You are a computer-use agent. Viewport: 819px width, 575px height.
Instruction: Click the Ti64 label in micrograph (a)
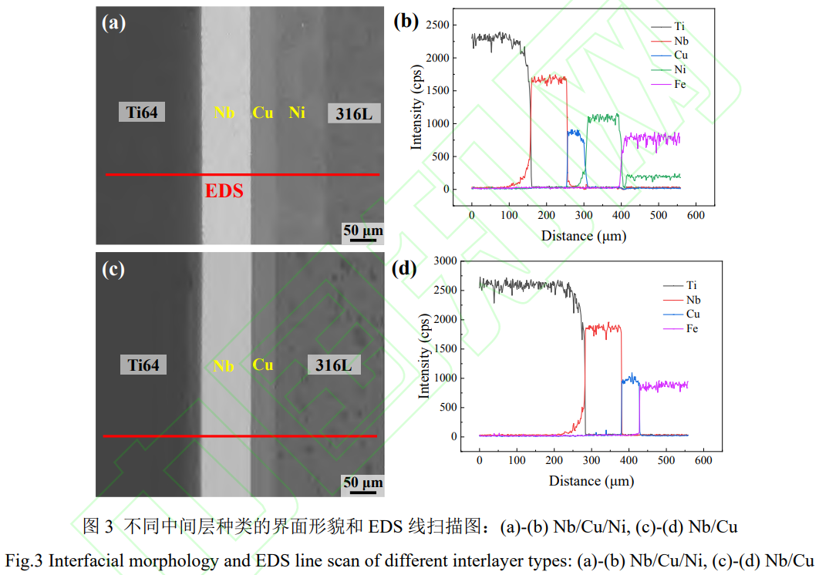(x=142, y=113)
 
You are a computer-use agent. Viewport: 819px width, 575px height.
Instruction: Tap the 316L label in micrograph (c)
(x=333, y=365)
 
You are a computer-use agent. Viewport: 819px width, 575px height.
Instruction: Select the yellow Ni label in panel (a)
(x=297, y=113)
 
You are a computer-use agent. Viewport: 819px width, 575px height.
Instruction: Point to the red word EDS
(x=224, y=191)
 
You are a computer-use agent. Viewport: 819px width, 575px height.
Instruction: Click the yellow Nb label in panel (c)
(x=224, y=366)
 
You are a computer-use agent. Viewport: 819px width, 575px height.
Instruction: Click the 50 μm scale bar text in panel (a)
(x=362, y=230)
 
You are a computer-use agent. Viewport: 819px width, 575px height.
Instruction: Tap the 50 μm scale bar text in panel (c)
(x=362, y=483)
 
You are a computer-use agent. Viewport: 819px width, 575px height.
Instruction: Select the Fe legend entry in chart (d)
(x=693, y=329)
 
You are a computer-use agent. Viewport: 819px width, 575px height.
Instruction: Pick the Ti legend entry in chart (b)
(x=679, y=26)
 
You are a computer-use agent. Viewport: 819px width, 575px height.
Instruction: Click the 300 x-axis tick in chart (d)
(x=591, y=459)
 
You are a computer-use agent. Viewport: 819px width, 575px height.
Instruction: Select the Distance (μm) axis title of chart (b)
(x=583, y=235)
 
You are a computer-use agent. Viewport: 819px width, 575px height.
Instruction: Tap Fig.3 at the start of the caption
(x=25, y=560)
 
